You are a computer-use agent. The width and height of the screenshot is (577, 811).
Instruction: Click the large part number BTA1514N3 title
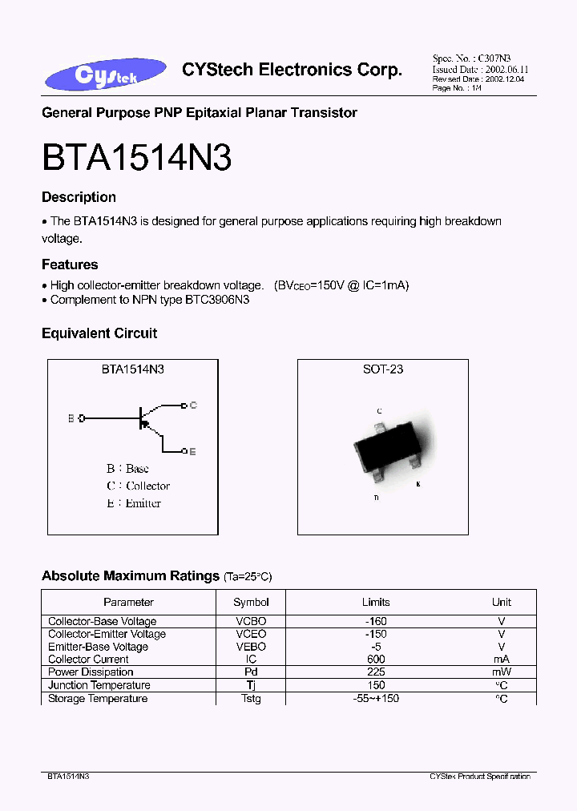pyautogui.click(x=136, y=158)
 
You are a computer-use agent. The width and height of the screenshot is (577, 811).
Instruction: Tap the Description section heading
pyautogui.click(x=79, y=197)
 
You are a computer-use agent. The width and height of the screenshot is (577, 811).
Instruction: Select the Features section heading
pyautogui.click(x=70, y=264)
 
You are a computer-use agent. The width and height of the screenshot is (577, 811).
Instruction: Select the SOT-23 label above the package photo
pyautogui.click(x=383, y=369)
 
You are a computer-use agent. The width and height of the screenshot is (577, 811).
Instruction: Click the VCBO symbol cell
pyautogui.click(x=251, y=621)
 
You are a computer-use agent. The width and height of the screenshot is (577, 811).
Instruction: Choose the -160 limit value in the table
pyautogui.click(x=375, y=621)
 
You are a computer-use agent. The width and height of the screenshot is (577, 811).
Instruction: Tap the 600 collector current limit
pyautogui.click(x=375, y=659)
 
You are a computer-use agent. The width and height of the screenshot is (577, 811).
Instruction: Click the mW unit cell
pyautogui.click(x=502, y=672)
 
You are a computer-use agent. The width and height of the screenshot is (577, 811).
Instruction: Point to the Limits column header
pyautogui.click(x=375, y=602)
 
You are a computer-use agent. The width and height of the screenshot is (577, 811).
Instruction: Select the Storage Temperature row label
pyautogui.click(x=98, y=698)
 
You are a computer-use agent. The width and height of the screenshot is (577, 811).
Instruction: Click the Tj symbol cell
pyautogui.click(x=251, y=684)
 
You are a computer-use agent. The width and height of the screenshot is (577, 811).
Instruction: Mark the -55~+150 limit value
pyautogui.click(x=375, y=698)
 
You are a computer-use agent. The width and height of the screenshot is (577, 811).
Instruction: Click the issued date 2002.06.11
pyautogui.click(x=506, y=70)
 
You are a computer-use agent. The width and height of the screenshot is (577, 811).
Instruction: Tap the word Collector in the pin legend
pyautogui.click(x=147, y=486)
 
